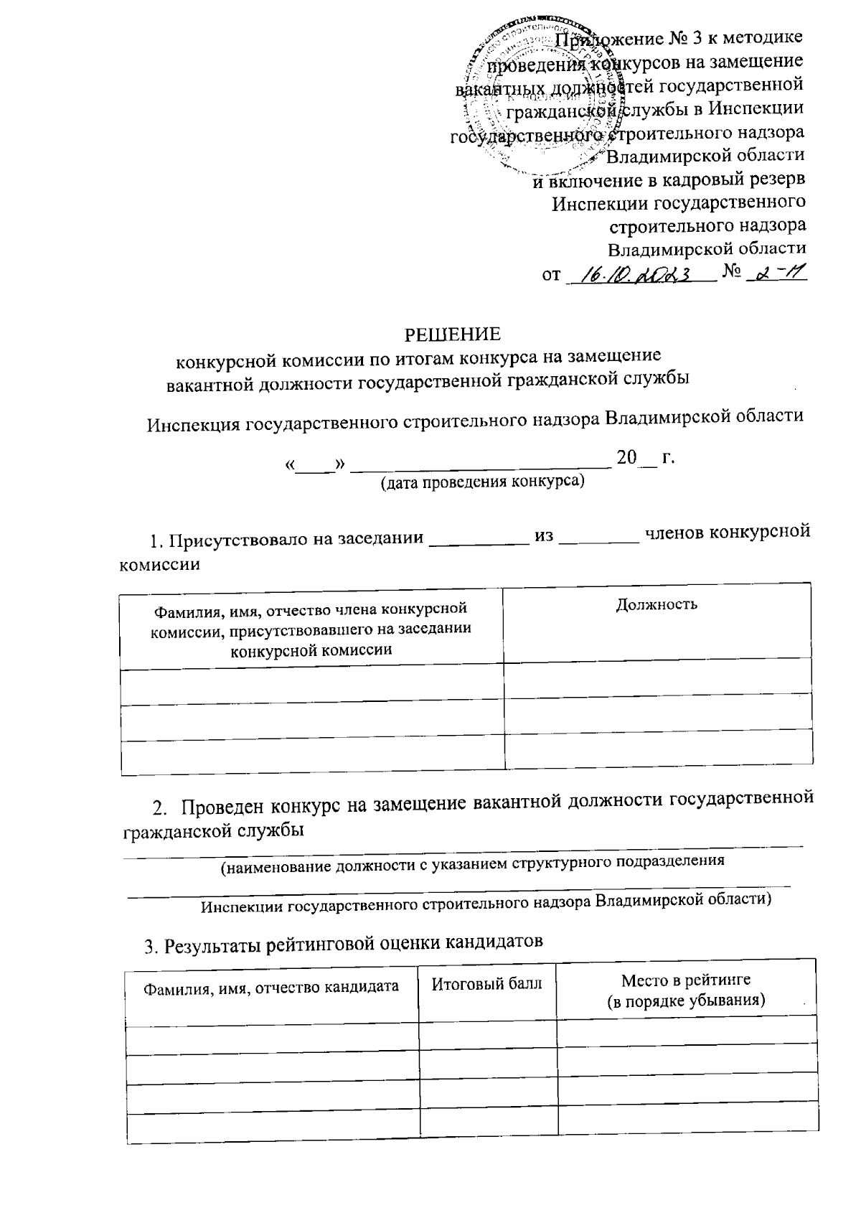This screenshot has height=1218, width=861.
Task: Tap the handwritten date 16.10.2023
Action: (x=639, y=274)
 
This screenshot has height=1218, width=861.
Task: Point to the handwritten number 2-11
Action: (x=776, y=273)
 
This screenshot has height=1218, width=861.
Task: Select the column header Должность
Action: (x=657, y=604)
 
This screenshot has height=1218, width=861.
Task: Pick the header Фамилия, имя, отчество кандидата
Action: (x=271, y=987)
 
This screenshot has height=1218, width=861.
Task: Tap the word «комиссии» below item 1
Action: (x=159, y=565)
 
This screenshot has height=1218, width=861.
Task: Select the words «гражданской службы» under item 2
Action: (x=213, y=830)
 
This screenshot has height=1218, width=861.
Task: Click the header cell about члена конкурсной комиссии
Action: (x=311, y=629)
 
